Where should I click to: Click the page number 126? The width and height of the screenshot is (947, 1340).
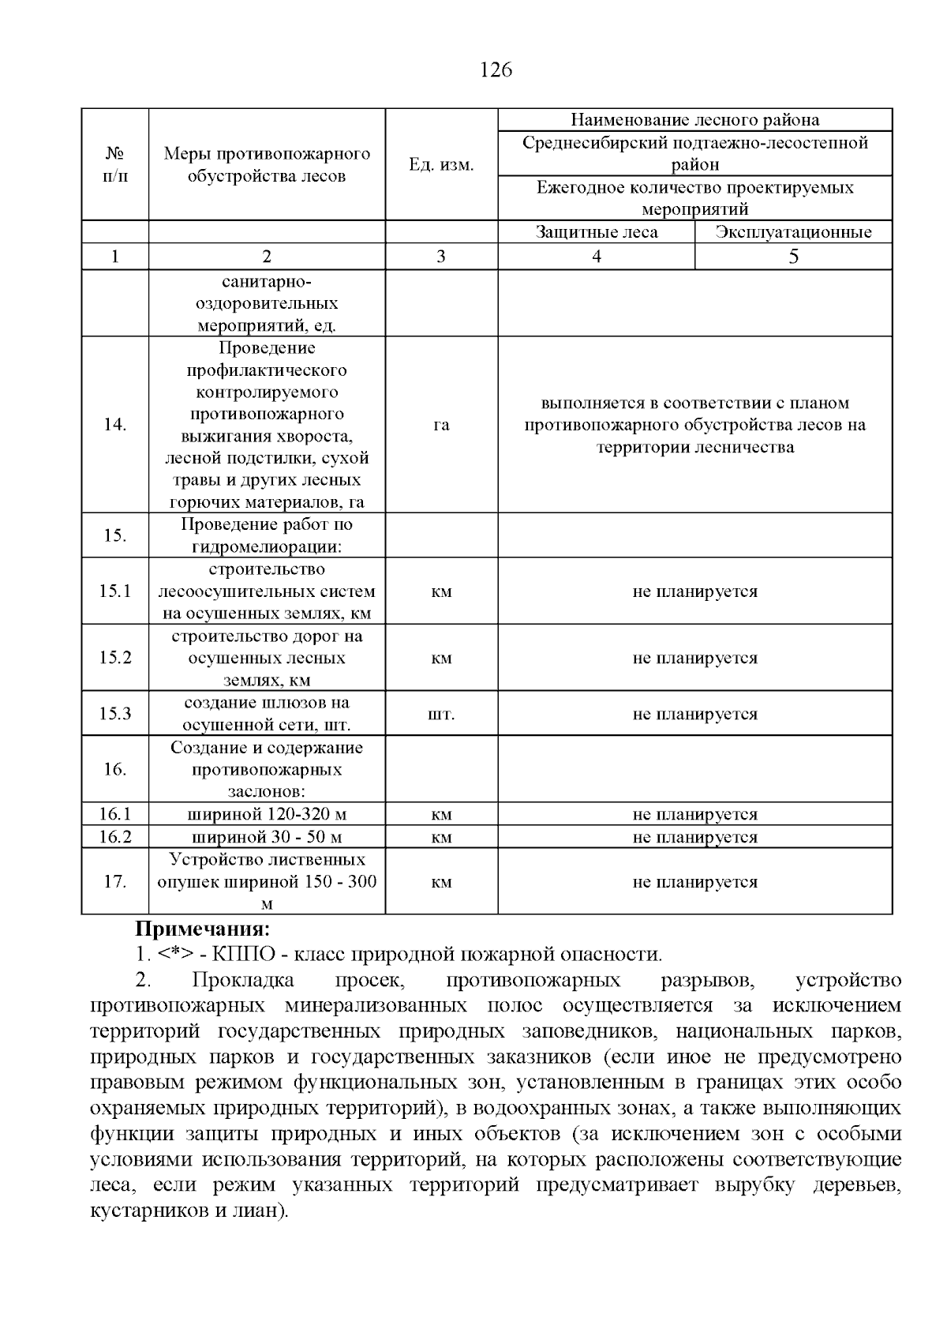[x=496, y=70]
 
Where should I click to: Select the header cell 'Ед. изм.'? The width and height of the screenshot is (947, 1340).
[x=441, y=165]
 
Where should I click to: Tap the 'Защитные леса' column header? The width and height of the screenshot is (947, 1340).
[x=596, y=232]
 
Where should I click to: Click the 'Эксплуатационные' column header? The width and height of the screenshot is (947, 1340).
[x=793, y=232]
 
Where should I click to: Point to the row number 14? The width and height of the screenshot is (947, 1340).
[x=115, y=425]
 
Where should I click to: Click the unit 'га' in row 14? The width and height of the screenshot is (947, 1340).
[x=441, y=425]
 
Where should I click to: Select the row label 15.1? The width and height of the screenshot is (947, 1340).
[x=115, y=591]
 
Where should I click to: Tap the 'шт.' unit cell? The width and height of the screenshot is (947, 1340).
[x=441, y=714]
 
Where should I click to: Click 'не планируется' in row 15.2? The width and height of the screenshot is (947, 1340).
[x=694, y=658]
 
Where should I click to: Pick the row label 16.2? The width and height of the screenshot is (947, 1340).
[x=115, y=837]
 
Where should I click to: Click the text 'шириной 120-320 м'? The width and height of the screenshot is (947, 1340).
[x=267, y=815]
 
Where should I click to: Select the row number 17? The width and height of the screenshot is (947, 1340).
[x=115, y=882]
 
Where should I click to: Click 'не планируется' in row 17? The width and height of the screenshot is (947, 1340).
[x=694, y=882]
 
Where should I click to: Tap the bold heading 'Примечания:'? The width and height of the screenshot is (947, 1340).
[x=202, y=929]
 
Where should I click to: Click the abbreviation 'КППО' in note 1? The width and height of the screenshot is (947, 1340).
[x=244, y=955]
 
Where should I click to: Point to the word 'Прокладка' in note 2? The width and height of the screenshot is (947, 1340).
[x=242, y=981]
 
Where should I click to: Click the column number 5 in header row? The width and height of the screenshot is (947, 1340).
[x=793, y=257]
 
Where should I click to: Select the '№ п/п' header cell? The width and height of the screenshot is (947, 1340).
[x=115, y=164]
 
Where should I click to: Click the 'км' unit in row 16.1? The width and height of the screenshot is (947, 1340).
[x=441, y=815]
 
